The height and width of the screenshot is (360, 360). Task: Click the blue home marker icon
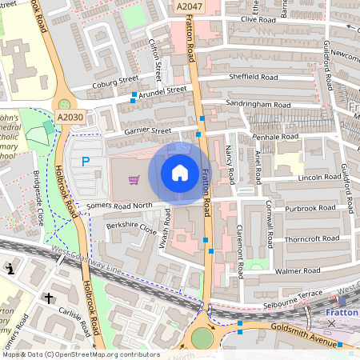click(x=180, y=172)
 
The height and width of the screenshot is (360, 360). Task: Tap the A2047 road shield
click(x=189, y=6)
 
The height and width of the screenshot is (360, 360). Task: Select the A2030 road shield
click(x=70, y=118)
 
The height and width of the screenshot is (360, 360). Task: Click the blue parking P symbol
click(x=86, y=162)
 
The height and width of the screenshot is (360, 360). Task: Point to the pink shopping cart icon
click(x=134, y=180)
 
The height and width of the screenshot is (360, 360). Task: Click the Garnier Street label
click(x=147, y=130)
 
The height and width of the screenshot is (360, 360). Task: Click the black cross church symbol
click(x=48, y=298)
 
